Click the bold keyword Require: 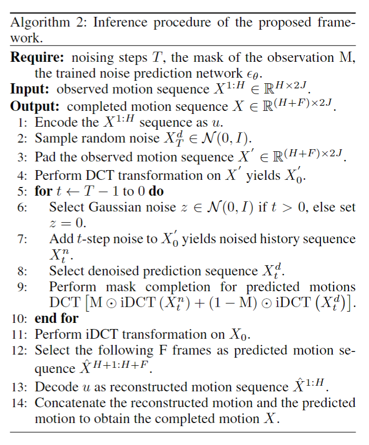point(38,57)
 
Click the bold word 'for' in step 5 point(43,192)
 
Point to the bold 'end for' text point(56,318)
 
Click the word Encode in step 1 point(53,123)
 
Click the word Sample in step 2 point(52,138)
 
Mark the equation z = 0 point(68,223)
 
